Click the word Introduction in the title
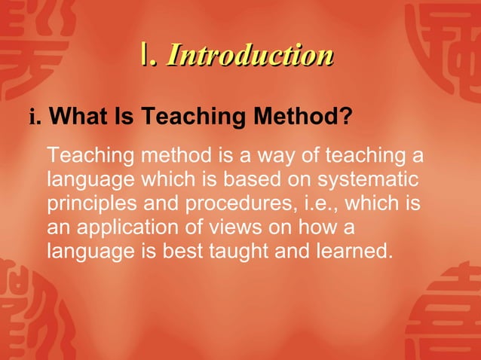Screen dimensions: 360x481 pos(250,55)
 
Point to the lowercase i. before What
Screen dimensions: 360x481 pos(35,118)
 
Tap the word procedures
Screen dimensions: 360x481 pos(236,204)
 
